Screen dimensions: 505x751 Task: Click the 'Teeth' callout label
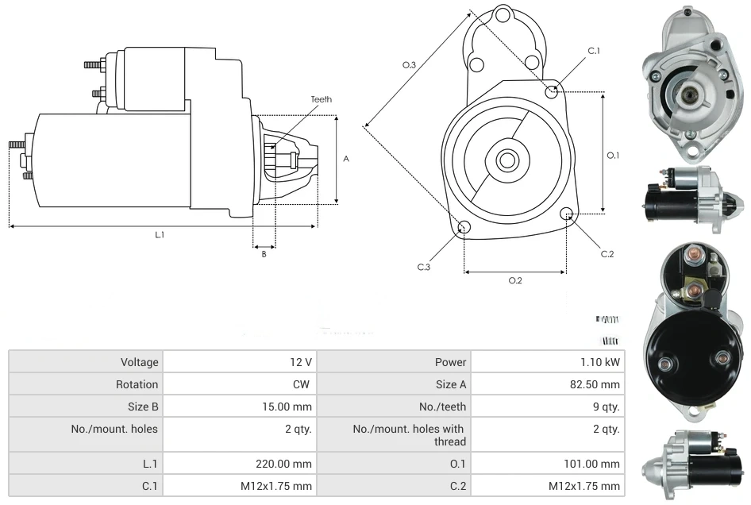pyautogui.click(x=321, y=99)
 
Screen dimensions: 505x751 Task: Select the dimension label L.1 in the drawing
pyautogui.click(x=160, y=234)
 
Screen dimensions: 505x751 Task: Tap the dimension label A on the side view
pyautogui.click(x=346, y=159)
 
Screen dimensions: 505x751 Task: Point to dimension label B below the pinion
pyautogui.click(x=264, y=254)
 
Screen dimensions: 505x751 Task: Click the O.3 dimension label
pyautogui.click(x=410, y=64)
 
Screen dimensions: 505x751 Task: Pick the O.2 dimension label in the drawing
pyautogui.click(x=514, y=279)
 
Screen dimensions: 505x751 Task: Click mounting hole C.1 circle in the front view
pyautogui.click(x=552, y=91)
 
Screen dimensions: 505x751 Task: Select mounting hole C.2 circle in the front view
pyautogui.click(x=567, y=214)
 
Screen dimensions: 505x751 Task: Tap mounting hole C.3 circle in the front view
pyautogui.click(x=464, y=229)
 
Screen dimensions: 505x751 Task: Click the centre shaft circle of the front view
pyautogui.click(x=506, y=160)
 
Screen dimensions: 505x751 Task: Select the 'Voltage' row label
pyautogui.click(x=140, y=362)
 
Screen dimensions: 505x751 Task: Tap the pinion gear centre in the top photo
pyautogui.click(x=686, y=95)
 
